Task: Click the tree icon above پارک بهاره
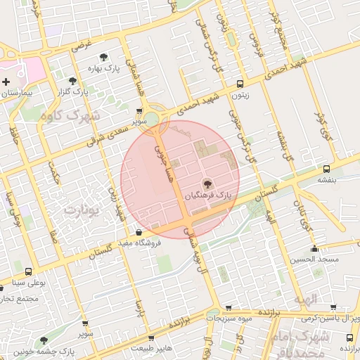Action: (104, 57)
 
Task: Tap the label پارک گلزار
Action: (75, 91)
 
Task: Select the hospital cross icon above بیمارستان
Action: (6, 82)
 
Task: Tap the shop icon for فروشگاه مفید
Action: (138, 232)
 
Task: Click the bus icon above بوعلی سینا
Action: (28, 271)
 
